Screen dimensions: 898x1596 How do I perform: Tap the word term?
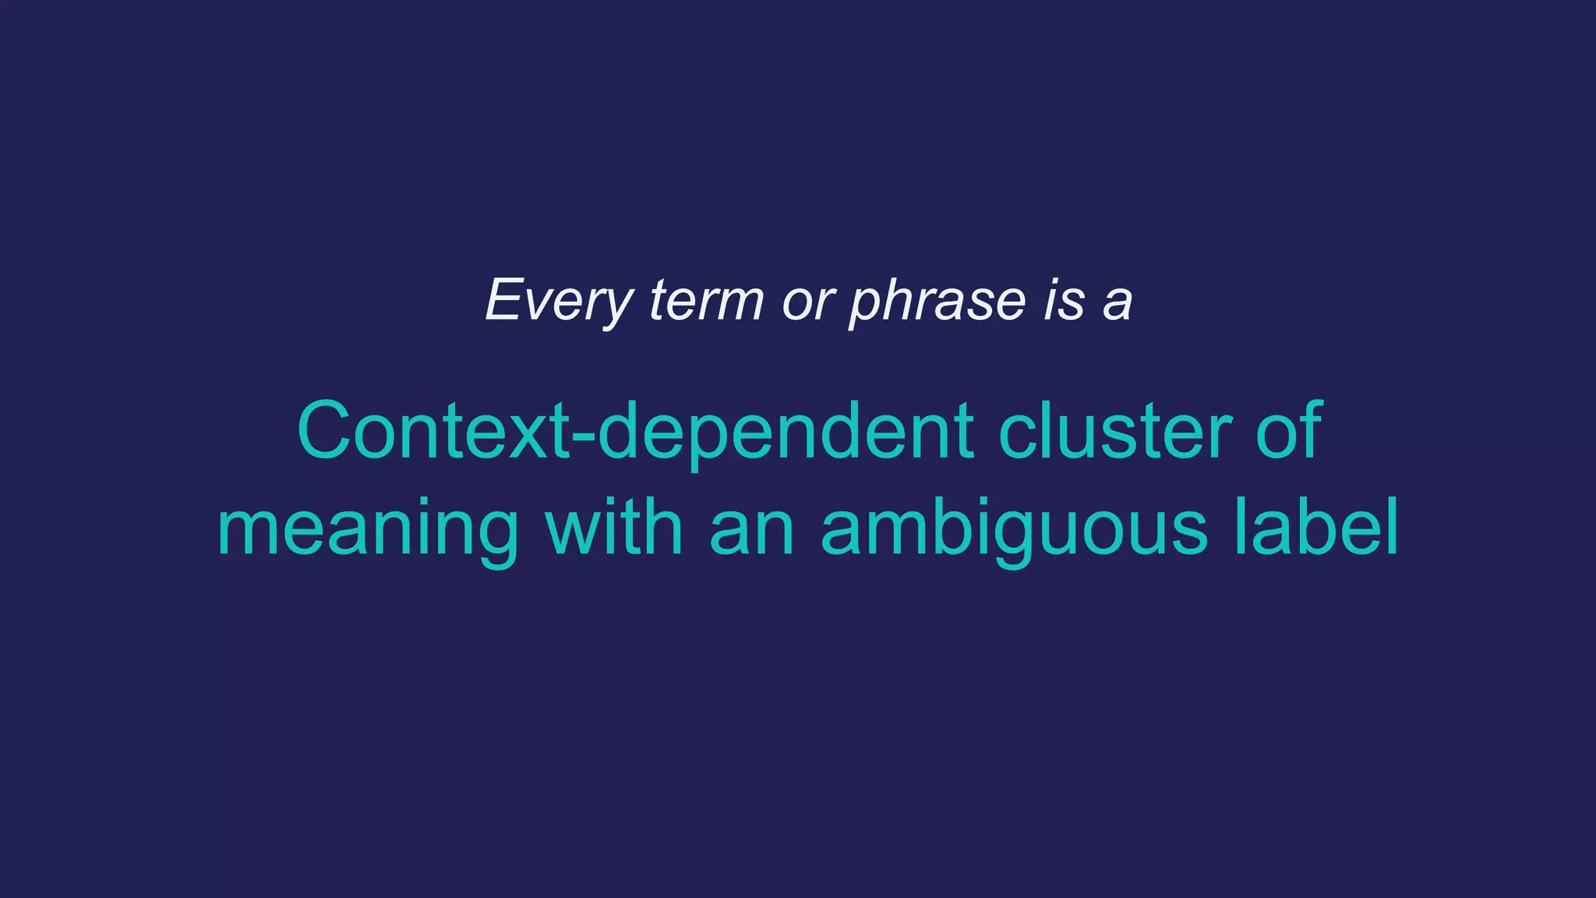pos(706,301)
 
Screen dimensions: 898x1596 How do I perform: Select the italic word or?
pos(808,301)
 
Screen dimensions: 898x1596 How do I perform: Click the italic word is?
pos(1064,301)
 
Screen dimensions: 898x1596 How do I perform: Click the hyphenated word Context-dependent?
pos(635,431)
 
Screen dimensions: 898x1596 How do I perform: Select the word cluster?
pos(1114,431)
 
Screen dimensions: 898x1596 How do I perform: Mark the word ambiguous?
pos(1014,529)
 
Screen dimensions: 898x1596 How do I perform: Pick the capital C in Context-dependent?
pos(325,431)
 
